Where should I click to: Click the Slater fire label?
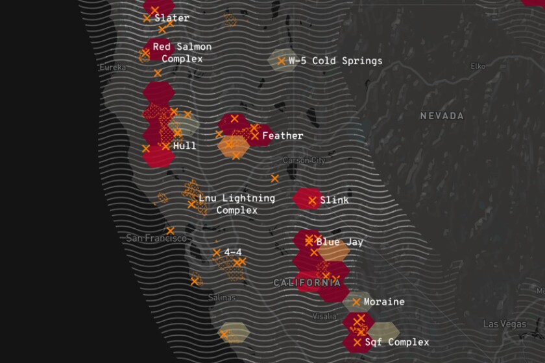(x=172, y=18)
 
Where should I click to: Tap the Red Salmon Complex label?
(x=182, y=53)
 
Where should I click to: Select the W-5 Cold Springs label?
(x=335, y=61)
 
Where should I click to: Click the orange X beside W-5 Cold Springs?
(x=281, y=61)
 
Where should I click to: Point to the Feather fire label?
(x=282, y=135)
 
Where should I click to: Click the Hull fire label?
(x=184, y=146)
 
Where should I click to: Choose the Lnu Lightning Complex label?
(x=236, y=204)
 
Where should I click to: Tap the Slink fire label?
(x=334, y=200)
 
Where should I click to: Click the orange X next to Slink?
(x=313, y=200)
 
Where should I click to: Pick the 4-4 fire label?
(x=234, y=252)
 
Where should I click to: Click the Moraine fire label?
(x=384, y=301)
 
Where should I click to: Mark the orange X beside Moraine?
(x=356, y=301)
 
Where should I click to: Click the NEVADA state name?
(x=442, y=116)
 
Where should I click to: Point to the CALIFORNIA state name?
(x=307, y=283)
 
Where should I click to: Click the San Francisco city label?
(x=156, y=238)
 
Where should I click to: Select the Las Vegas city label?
(x=503, y=323)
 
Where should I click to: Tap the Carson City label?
(x=304, y=160)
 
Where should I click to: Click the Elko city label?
(x=478, y=66)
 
